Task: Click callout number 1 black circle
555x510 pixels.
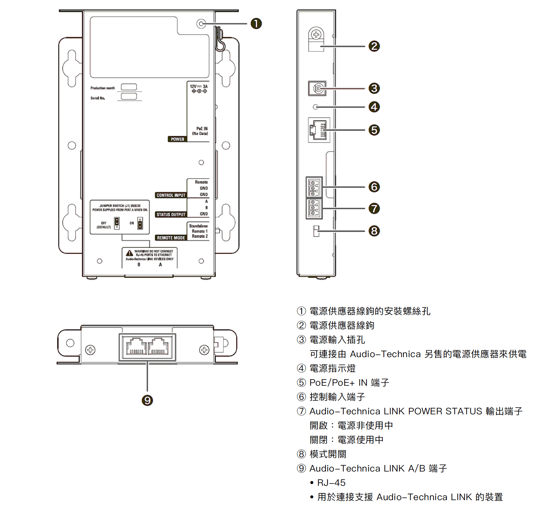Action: [x=256, y=23]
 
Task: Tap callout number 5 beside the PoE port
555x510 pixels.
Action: [x=374, y=130]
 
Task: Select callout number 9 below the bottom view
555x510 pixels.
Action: [x=147, y=400]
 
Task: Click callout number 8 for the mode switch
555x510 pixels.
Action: [x=374, y=231]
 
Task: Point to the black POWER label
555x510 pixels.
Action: [x=177, y=139]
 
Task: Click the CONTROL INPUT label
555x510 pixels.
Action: [x=171, y=195]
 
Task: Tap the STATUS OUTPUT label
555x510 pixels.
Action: [x=171, y=214]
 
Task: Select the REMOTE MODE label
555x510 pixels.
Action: [x=171, y=238]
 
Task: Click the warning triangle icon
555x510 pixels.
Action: [x=129, y=253]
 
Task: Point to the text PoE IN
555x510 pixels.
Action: [x=202, y=129]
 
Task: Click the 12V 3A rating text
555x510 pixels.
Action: [x=199, y=86]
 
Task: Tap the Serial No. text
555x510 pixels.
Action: [x=98, y=98]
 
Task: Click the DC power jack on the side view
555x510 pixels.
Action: [x=317, y=89]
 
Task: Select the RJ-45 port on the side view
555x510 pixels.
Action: [x=319, y=130]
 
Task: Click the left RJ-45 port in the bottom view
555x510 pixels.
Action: [x=136, y=347]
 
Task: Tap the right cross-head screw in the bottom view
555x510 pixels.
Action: [x=204, y=350]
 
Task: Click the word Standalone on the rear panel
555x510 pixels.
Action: [x=198, y=226]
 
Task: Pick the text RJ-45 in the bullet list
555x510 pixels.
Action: [x=331, y=483]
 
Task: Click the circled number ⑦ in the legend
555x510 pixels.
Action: [x=301, y=411]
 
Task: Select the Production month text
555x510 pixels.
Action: [x=102, y=88]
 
